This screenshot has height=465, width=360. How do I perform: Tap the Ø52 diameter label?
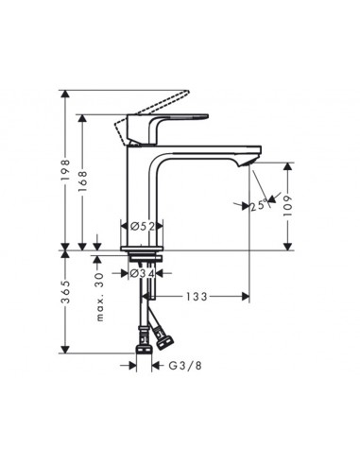tap(143, 226)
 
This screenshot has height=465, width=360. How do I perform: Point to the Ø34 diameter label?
tap(142, 274)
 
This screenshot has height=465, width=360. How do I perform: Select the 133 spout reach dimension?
tap(195, 297)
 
